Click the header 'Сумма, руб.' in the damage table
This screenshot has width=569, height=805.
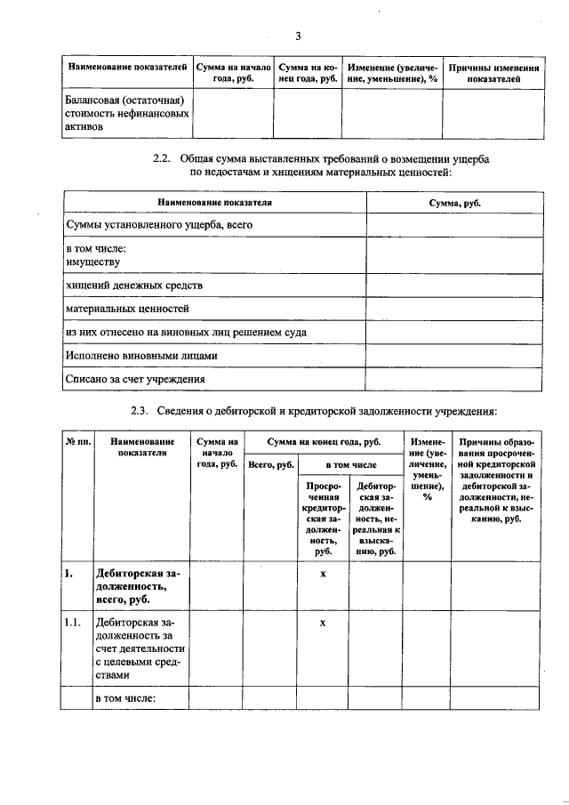454,203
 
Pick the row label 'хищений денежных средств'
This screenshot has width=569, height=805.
134,286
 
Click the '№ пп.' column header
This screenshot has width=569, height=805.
78,441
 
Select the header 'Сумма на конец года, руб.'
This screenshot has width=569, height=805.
323,441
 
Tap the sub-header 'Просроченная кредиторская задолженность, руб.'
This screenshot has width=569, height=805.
323,519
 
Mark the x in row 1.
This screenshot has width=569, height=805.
323,575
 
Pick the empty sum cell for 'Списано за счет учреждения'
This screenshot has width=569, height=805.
454,379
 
